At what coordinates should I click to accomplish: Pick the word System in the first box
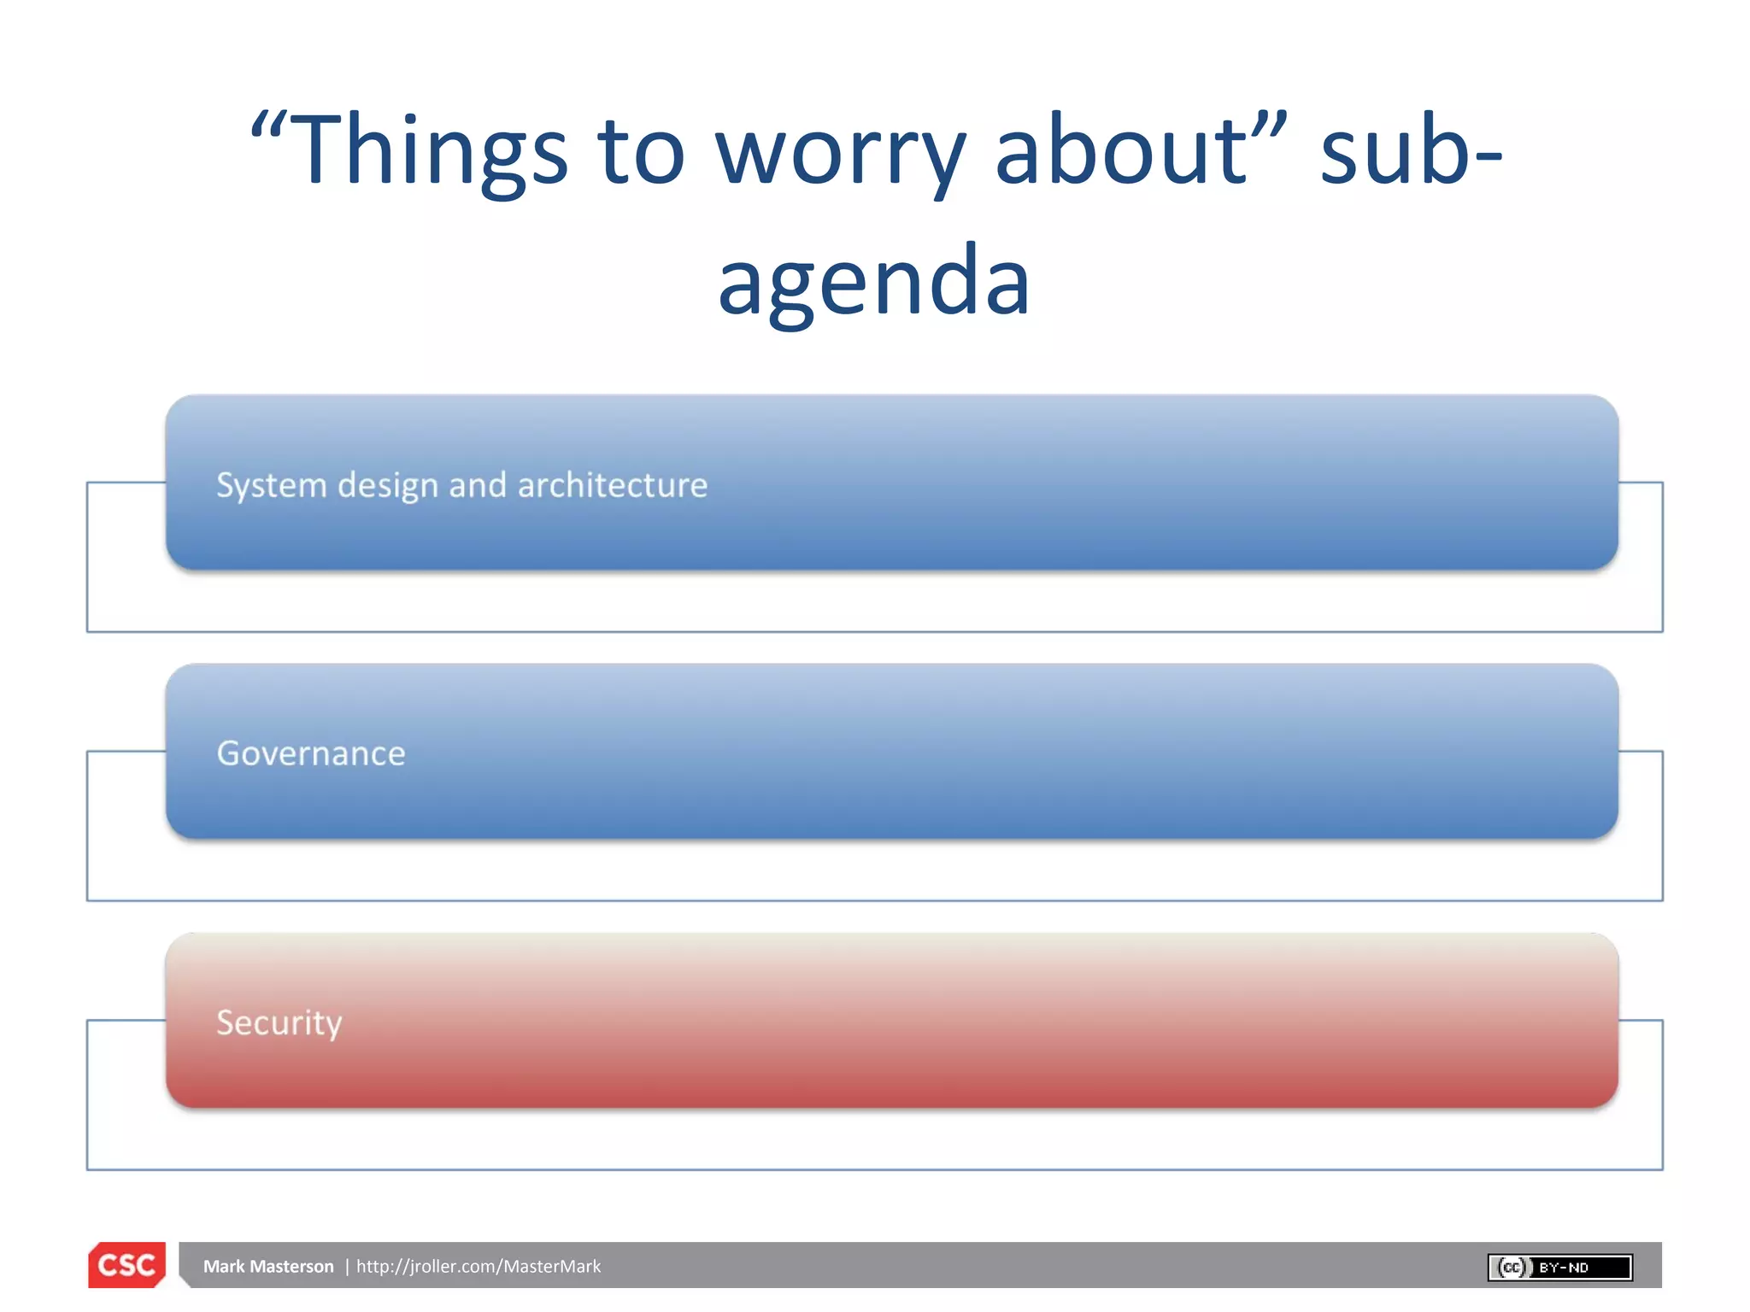[271, 485]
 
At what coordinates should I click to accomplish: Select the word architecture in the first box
[612, 485]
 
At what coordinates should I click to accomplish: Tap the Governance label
[311, 753]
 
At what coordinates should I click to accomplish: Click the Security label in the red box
[279, 1022]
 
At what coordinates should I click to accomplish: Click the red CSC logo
[126, 1265]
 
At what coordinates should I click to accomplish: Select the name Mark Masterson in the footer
[268, 1266]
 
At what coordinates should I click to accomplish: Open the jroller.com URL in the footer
[479, 1266]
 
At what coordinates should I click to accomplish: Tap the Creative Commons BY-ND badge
[1559, 1267]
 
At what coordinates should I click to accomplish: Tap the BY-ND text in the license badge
[1563, 1268]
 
